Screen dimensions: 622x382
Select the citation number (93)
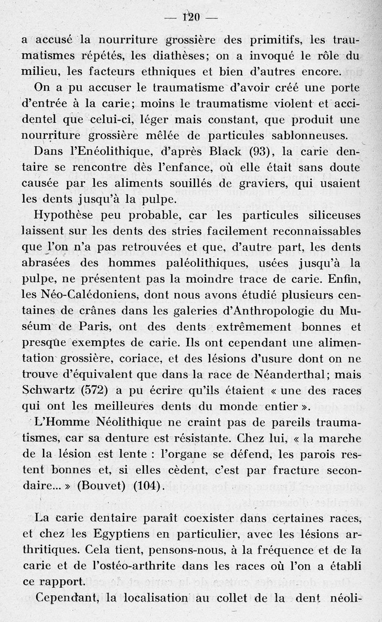pyautogui.click(x=261, y=152)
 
